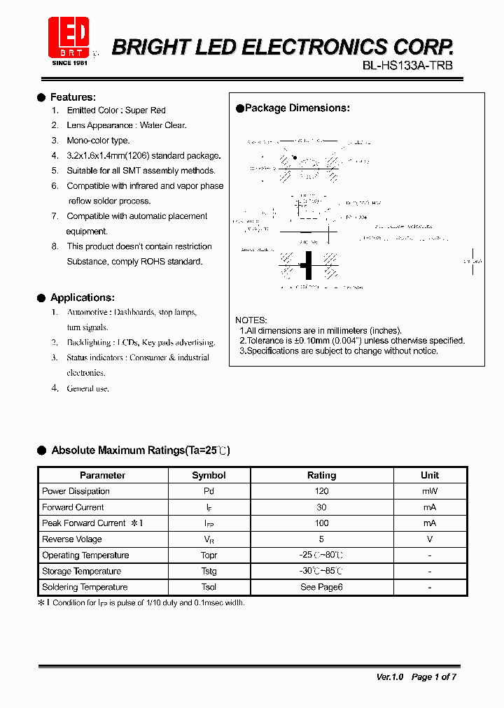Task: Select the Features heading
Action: click(73, 97)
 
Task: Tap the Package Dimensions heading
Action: click(297, 108)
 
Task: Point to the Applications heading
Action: click(82, 298)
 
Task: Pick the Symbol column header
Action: click(209, 475)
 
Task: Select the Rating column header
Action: click(322, 475)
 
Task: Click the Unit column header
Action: click(430, 475)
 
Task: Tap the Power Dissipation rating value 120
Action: click(322, 491)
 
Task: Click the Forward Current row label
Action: click(73, 507)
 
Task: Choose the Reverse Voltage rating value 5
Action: click(322, 539)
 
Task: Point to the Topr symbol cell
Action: click(209, 555)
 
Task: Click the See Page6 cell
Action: click(322, 588)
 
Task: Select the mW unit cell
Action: click(430, 491)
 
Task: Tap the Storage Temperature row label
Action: click(82, 572)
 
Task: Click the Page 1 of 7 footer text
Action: click(434, 677)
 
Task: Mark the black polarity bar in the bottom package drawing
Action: click(308, 265)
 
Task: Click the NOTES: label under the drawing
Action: click(251, 320)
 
